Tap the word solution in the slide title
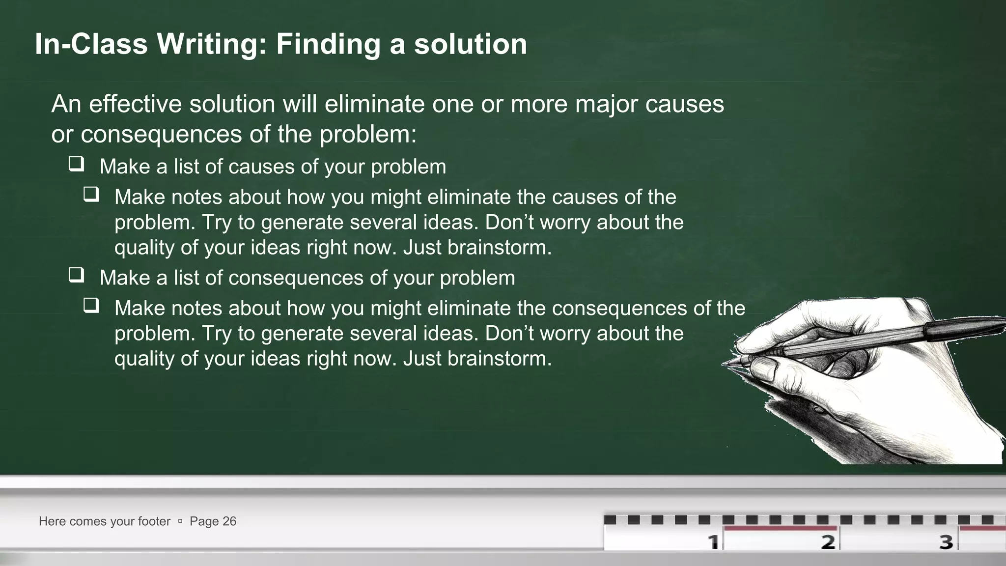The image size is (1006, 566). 471,44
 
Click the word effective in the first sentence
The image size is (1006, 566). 135,104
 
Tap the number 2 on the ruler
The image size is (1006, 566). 828,542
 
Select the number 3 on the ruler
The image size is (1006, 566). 946,542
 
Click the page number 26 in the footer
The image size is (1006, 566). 229,521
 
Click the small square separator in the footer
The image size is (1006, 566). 180,521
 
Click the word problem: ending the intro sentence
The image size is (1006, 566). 368,134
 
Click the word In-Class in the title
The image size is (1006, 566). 91,44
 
